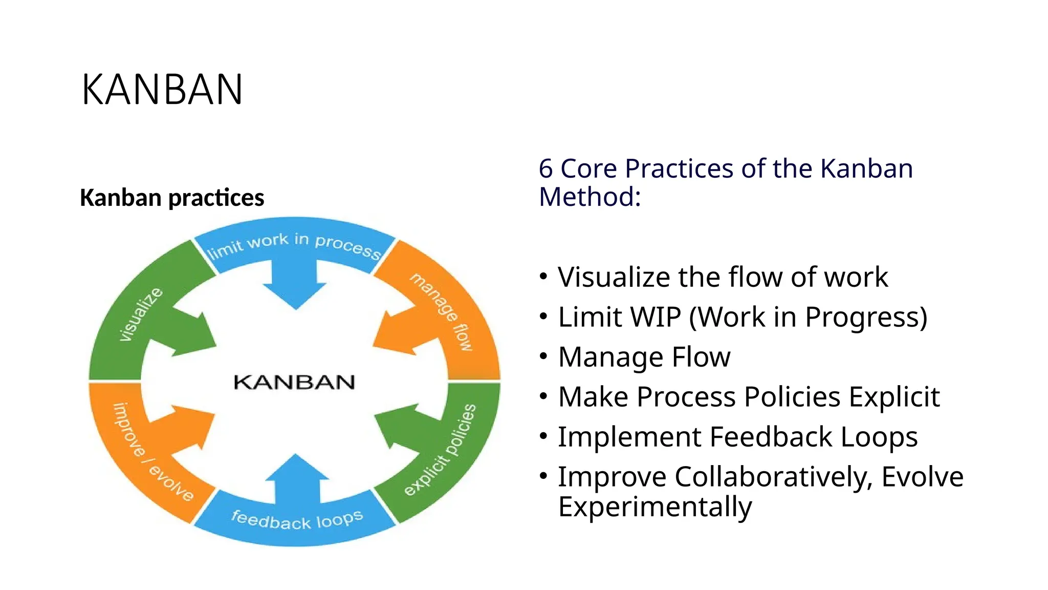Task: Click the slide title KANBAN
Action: coord(162,90)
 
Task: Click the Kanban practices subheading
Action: coord(172,198)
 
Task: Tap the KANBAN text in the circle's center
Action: coord(294,382)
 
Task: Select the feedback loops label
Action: coord(297,519)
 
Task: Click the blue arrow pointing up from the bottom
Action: coord(296,479)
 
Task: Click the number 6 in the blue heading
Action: coord(545,168)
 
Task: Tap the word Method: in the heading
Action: coord(589,197)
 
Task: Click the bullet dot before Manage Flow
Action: coord(543,356)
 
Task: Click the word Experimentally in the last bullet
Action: coord(655,507)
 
